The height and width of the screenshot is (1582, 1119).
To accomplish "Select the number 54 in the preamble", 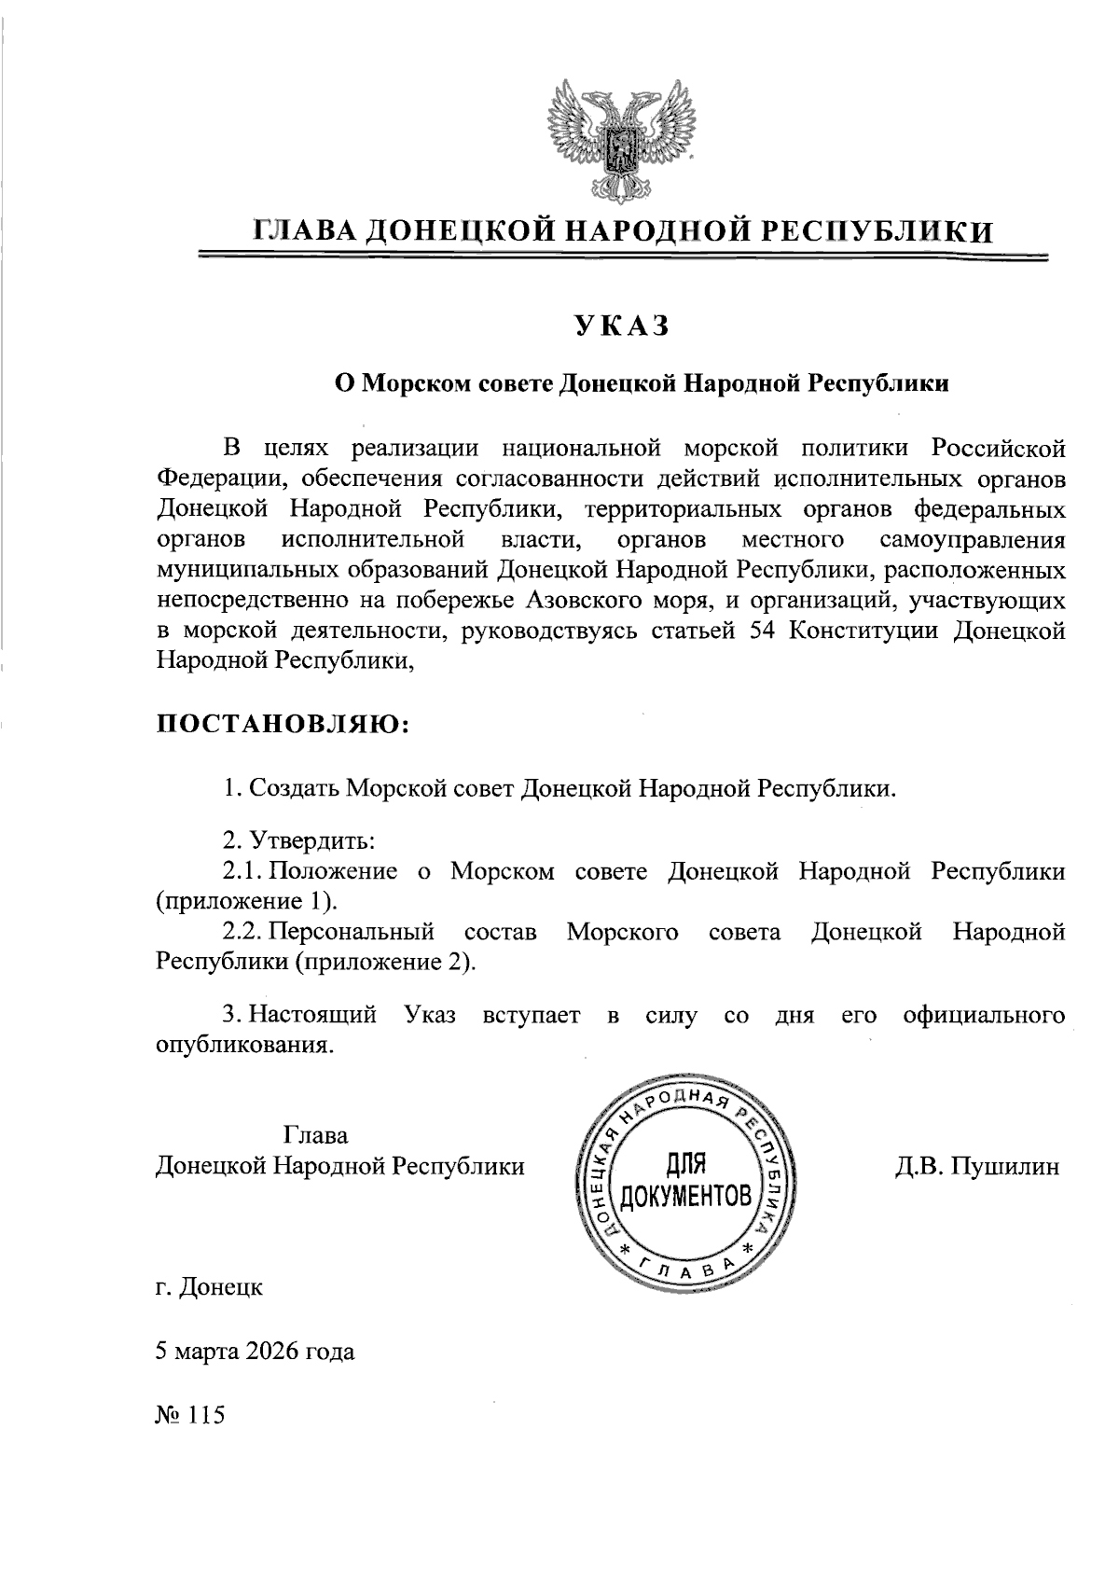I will pos(765,631).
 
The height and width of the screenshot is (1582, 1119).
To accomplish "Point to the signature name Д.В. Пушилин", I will pos(976,1167).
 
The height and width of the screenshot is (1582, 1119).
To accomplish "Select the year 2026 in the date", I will pos(278,1351).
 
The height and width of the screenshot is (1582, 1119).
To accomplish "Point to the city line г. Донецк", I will pos(209,1287).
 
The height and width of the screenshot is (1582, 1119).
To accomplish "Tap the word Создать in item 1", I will pos(295,788).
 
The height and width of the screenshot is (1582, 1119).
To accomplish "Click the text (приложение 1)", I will pos(245,902).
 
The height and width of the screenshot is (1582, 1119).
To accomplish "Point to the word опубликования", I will pos(243,1045).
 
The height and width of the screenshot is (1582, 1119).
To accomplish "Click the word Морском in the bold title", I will pos(413,383).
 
